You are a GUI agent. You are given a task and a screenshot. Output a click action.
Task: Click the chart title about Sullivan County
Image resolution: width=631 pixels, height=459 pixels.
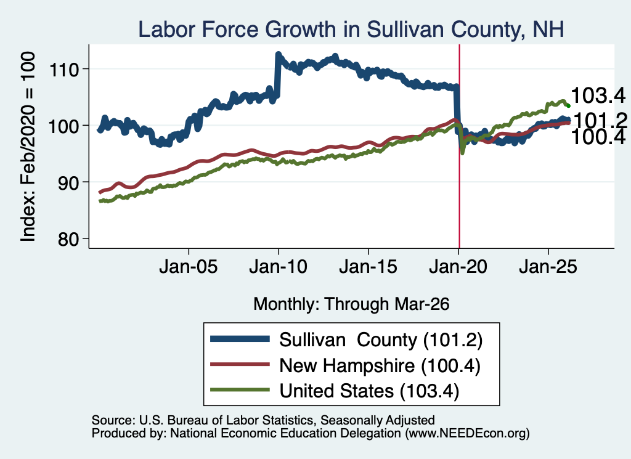click(x=351, y=30)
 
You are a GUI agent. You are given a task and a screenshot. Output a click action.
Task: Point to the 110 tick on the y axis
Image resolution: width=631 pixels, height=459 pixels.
click(x=63, y=70)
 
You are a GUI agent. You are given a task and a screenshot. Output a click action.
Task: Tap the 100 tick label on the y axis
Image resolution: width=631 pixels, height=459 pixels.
click(x=63, y=126)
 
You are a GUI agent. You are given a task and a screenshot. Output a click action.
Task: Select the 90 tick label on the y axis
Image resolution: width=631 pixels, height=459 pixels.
click(x=68, y=182)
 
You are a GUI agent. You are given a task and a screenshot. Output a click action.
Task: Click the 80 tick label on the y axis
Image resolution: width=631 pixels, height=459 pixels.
click(x=68, y=239)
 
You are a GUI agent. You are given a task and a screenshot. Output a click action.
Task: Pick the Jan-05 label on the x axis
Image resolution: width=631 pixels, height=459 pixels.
click(x=189, y=267)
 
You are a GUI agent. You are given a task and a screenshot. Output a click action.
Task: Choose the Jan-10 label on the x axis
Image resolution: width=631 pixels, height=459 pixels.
click(x=278, y=267)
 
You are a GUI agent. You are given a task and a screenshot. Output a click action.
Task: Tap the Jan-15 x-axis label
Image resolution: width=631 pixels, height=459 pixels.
click(x=368, y=267)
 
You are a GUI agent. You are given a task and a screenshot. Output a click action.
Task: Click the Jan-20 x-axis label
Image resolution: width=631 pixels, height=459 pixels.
click(x=458, y=267)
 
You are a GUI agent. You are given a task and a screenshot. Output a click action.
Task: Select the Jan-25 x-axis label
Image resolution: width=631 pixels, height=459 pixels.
click(x=548, y=267)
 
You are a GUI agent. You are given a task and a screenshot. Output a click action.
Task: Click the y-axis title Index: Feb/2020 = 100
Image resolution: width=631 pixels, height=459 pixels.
click(x=28, y=147)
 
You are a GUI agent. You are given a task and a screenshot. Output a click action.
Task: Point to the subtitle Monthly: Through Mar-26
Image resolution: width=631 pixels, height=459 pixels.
click(x=351, y=304)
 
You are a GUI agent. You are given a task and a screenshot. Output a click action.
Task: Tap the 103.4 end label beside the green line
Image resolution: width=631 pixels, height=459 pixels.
click(x=598, y=95)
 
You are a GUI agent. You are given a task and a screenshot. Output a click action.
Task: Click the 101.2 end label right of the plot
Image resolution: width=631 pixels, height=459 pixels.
click(x=600, y=121)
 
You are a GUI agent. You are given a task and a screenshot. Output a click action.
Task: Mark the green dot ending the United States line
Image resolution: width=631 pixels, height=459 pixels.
click(x=568, y=106)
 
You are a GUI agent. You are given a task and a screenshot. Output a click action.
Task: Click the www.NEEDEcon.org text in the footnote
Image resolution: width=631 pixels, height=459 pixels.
click(x=467, y=433)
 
